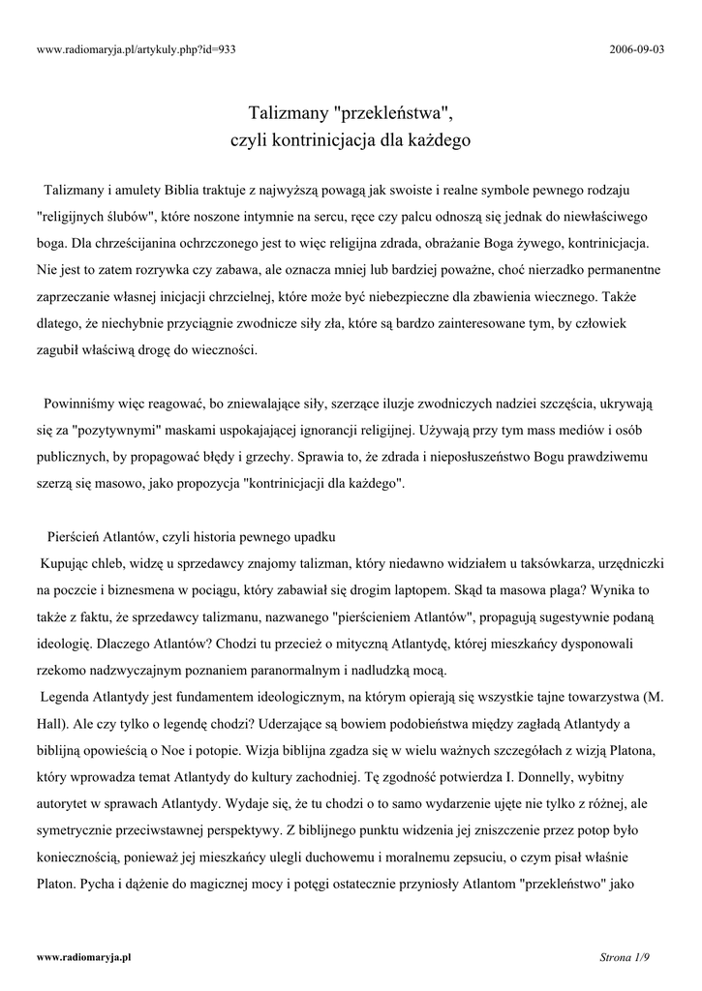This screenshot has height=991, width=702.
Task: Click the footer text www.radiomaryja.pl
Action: click(83, 956)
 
